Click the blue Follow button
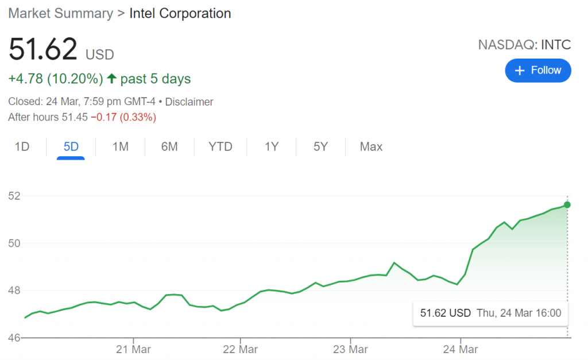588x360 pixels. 538,71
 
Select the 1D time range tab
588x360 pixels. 22,147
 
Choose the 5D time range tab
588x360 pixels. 71,147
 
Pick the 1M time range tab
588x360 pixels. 120,147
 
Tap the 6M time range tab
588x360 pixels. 169,147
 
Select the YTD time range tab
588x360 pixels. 220,147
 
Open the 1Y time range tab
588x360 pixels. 272,147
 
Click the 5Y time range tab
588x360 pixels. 320,147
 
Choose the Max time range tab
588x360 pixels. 371,147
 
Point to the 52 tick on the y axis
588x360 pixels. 14,196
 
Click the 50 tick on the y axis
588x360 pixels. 14,243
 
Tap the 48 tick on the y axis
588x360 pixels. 14,291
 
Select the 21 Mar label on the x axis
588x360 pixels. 133,349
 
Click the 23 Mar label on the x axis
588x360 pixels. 350,349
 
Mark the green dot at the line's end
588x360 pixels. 567,205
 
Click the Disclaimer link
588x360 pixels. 189,102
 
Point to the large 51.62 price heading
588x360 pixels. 43,50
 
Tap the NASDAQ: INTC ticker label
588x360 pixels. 524,45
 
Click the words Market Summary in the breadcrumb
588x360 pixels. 61,14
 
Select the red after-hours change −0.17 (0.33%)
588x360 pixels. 123,118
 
